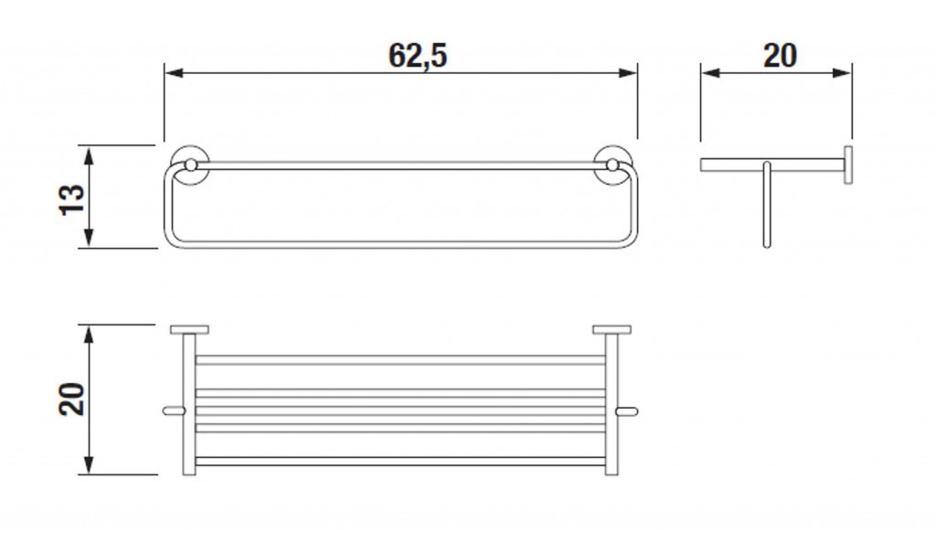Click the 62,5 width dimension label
coord(417,56)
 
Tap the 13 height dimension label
coord(72,199)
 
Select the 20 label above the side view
coord(780,56)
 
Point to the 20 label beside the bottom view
coord(72,399)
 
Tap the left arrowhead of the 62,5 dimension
coord(174,73)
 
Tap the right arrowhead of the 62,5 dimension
coord(629,73)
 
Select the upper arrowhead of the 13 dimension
coord(89,155)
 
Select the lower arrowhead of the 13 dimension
coord(89,238)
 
